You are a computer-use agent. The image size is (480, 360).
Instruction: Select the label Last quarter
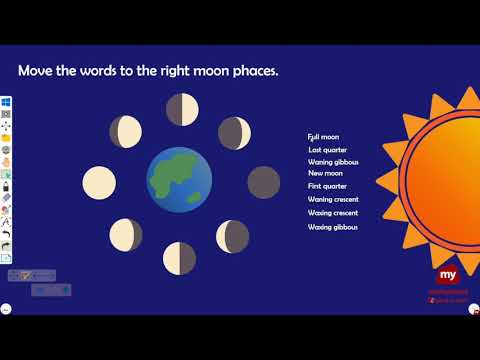327,149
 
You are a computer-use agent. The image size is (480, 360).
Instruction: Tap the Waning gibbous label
333,161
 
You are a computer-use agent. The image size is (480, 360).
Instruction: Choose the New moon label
325,173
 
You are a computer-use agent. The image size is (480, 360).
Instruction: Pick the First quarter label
327,186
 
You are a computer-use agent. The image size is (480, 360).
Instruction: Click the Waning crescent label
333,200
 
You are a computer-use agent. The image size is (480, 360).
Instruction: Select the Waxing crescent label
333,213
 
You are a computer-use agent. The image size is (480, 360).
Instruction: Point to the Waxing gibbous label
333,227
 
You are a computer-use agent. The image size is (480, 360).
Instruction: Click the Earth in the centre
180,180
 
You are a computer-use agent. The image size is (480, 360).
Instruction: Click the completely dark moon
264,182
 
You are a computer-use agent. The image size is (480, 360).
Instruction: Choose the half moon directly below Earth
181,257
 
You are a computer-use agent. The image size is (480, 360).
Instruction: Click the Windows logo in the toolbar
6,101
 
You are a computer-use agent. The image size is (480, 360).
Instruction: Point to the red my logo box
447,275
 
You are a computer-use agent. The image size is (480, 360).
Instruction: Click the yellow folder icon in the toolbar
6,137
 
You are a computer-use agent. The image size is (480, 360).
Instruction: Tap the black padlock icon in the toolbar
6,187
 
